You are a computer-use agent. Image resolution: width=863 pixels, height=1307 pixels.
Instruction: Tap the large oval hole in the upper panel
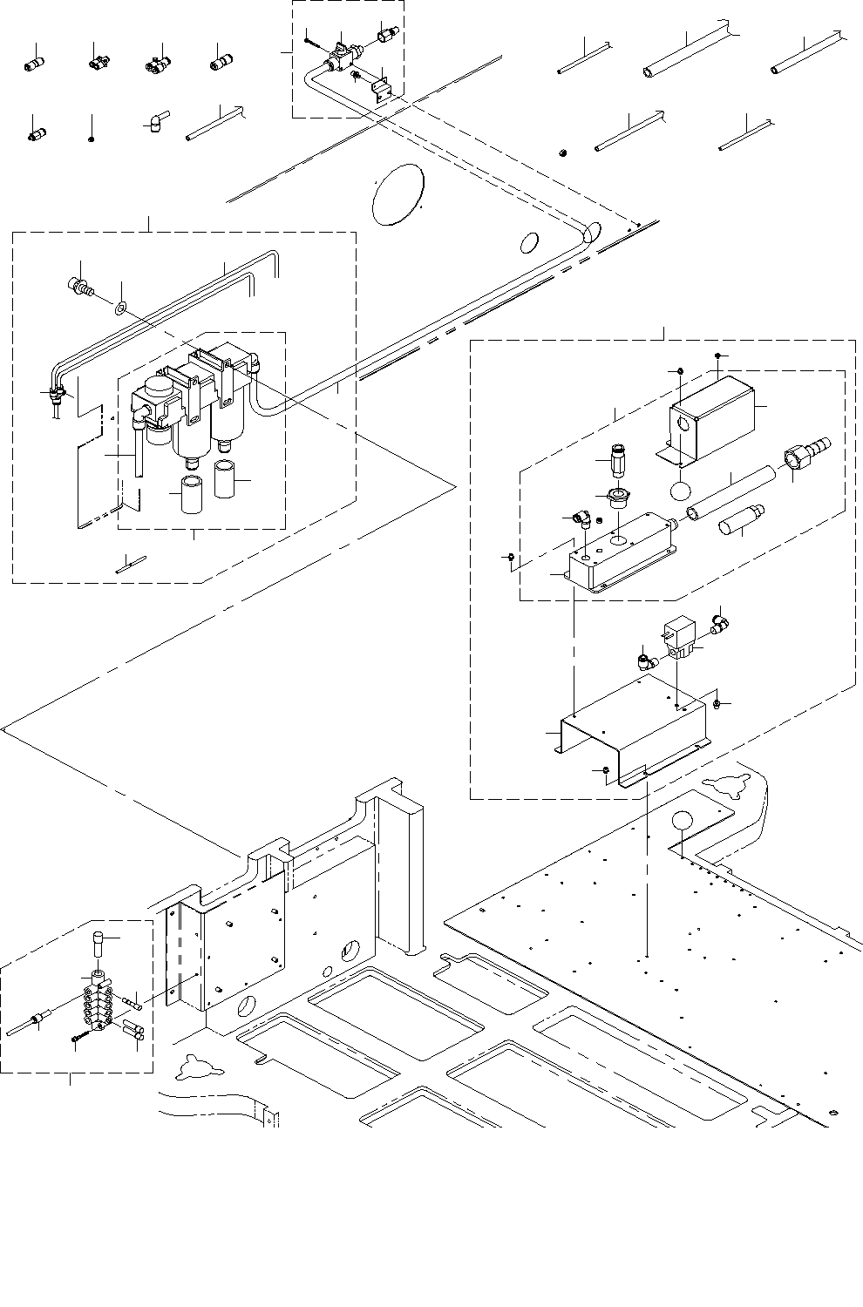(398, 194)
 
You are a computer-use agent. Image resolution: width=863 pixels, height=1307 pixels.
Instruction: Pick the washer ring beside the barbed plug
(120, 307)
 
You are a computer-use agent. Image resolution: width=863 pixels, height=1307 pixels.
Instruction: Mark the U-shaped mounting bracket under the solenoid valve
(632, 730)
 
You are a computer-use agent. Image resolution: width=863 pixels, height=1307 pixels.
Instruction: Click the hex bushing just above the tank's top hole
(619, 500)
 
